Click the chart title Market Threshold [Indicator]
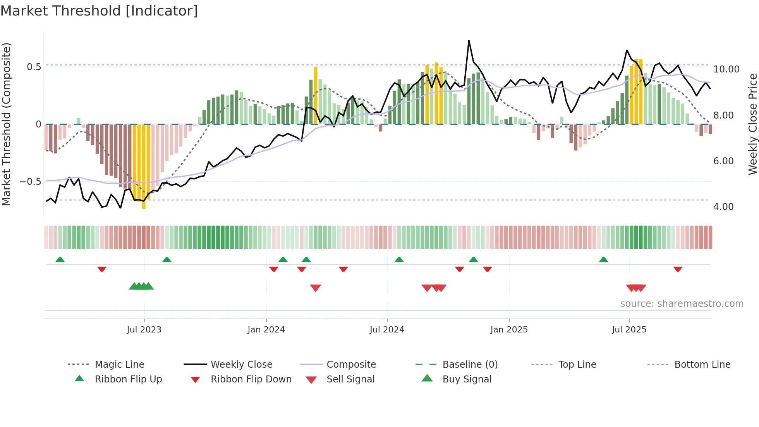point(99,11)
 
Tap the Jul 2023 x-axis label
point(144,330)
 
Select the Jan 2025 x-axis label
point(508,330)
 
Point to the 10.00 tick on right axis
point(726,69)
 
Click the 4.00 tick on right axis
point(723,207)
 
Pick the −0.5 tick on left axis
point(30,182)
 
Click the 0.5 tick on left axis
point(34,67)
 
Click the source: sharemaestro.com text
point(682,304)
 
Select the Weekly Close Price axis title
point(752,124)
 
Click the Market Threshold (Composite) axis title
point(6,124)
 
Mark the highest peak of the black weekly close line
point(469,41)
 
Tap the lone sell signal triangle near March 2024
point(315,288)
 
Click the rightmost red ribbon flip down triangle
point(678,269)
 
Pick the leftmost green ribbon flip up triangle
point(60,260)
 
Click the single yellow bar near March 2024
point(316,95)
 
